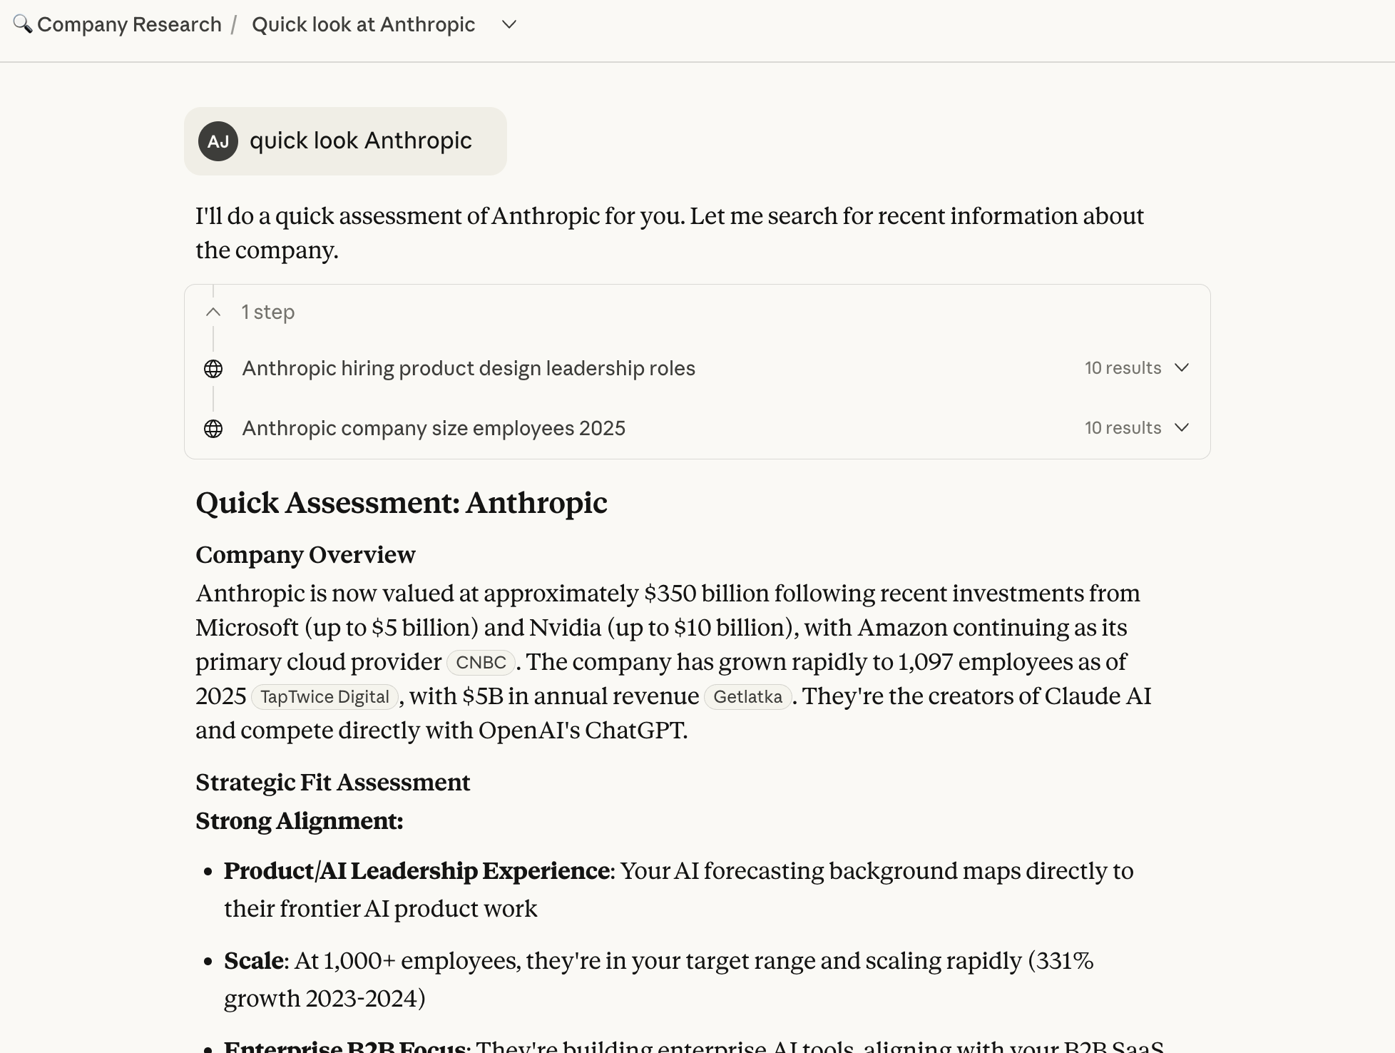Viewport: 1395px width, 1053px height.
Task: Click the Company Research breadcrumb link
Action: pyautogui.click(x=129, y=24)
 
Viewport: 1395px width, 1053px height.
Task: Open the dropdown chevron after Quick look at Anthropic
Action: pyautogui.click(x=509, y=24)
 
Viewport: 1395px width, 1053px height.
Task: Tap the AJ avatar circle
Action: pyautogui.click(x=218, y=141)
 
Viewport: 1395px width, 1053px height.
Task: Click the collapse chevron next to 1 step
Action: pyautogui.click(x=213, y=312)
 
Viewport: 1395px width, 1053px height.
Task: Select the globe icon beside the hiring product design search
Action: pyautogui.click(x=213, y=369)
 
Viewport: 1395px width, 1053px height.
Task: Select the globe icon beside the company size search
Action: pyautogui.click(x=213, y=429)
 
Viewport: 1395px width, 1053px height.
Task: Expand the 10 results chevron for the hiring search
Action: pyautogui.click(x=1182, y=367)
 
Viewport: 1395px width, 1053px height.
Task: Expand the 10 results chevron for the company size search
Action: pyautogui.click(x=1182, y=427)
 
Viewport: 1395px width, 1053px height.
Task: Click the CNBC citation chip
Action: pyautogui.click(x=481, y=663)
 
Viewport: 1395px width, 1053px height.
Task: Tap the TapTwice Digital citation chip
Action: pyautogui.click(x=325, y=697)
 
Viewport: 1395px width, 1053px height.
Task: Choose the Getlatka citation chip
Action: pyautogui.click(x=747, y=697)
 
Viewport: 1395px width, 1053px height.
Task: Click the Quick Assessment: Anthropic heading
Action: pyautogui.click(x=401, y=503)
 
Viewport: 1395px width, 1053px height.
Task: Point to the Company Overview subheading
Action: pyautogui.click(x=305, y=555)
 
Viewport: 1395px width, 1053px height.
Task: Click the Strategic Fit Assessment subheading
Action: pyautogui.click(x=332, y=783)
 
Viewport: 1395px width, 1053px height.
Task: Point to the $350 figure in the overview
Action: pyautogui.click(x=670, y=594)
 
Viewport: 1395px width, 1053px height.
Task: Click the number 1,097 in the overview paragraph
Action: pyautogui.click(x=925, y=662)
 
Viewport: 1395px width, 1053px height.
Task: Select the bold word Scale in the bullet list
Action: pyautogui.click(x=254, y=961)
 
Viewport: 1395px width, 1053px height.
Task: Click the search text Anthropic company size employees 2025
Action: pyautogui.click(x=434, y=428)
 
